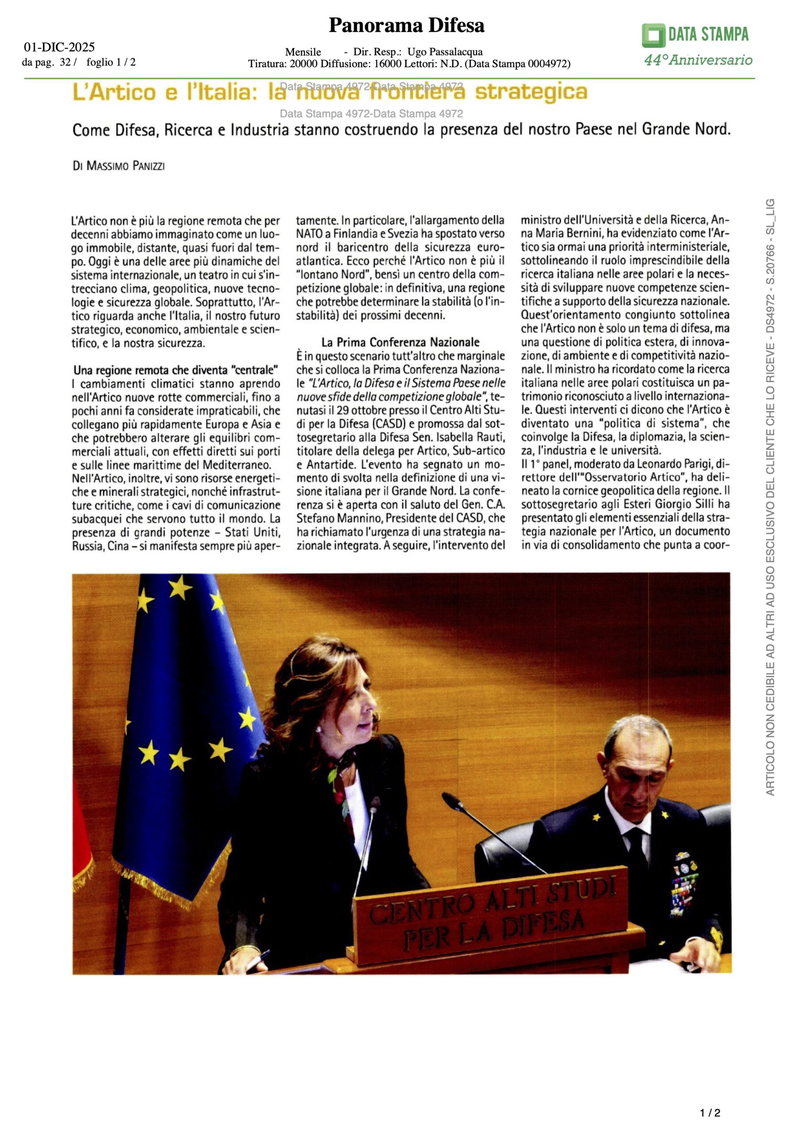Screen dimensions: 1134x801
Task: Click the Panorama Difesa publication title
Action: (x=406, y=25)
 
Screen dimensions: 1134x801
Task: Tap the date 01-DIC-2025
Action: (x=59, y=47)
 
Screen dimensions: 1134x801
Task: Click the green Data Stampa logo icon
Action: (x=654, y=35)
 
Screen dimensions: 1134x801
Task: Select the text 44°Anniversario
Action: (x=698, y=60)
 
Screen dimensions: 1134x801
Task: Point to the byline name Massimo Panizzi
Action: (x=125, y=166)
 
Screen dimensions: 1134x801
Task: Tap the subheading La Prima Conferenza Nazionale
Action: (x=400, y=342)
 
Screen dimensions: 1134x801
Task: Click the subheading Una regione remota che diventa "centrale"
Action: (x=175, y=370)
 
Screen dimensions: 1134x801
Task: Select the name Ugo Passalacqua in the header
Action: (x=445, y=52)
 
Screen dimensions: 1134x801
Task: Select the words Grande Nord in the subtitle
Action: (x=685, y=129)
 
